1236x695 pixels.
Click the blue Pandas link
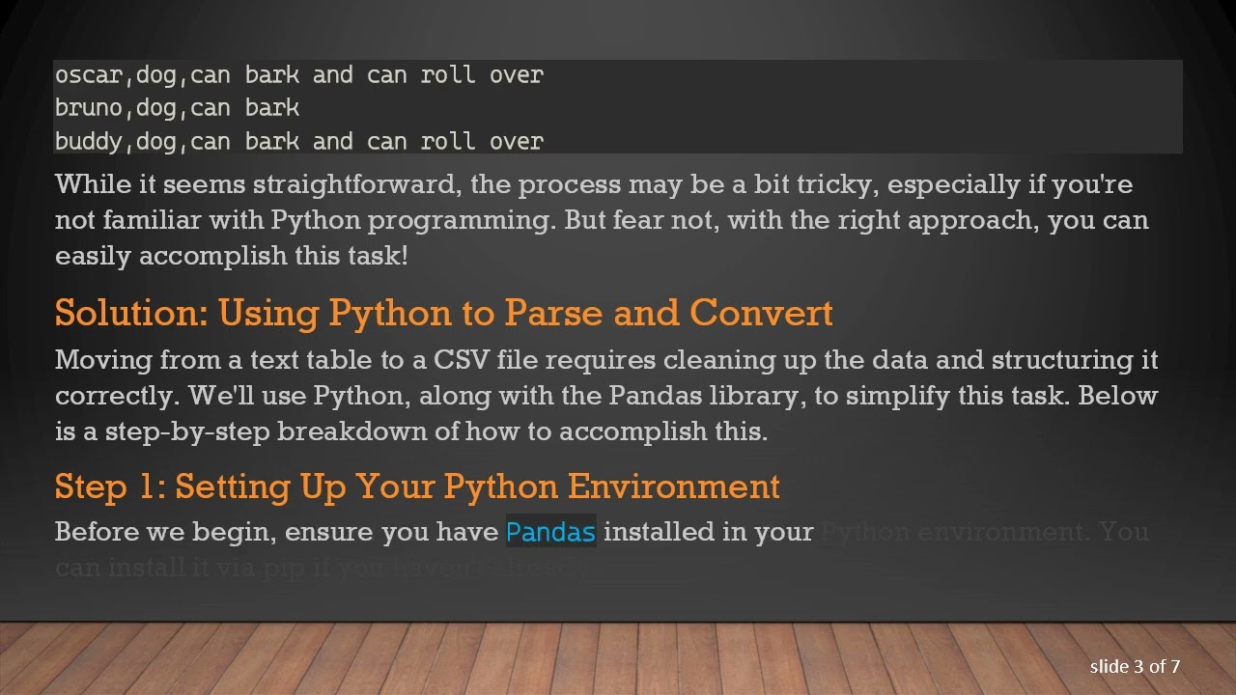550,532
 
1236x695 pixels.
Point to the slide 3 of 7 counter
1135,666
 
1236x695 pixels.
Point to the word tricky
833,184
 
